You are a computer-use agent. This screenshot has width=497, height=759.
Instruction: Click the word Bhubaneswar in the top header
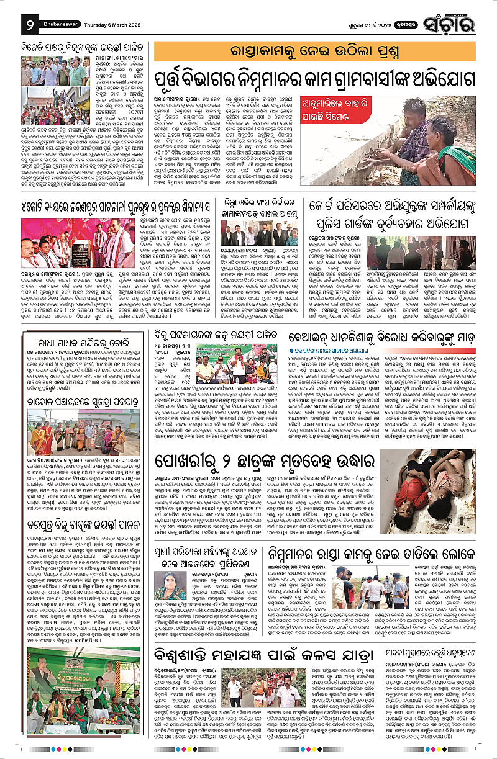click(59, 19)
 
